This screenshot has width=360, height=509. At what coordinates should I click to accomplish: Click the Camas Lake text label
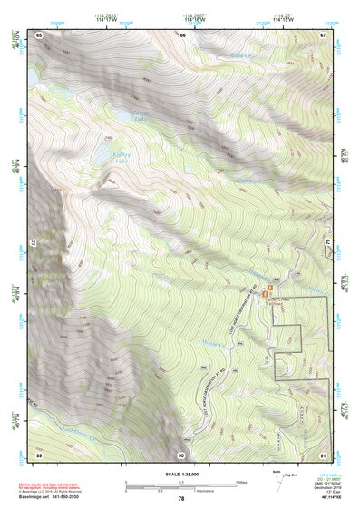pyautogui.click(x=140, y=116)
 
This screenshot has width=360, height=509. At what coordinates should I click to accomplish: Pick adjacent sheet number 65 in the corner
pyautogui.click(x=39, y=34)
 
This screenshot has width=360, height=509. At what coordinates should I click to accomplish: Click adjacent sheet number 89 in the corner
pyautogui.click(x=39, y=454)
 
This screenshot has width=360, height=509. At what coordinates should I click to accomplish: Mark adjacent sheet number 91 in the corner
pyautogui.click(x=324, y=454)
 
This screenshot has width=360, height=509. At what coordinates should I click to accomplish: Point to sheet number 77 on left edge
pyautogui.click(x=30, y=244)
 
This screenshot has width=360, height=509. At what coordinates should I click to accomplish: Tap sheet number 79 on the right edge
pyautogui.click(x=329, y=244)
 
